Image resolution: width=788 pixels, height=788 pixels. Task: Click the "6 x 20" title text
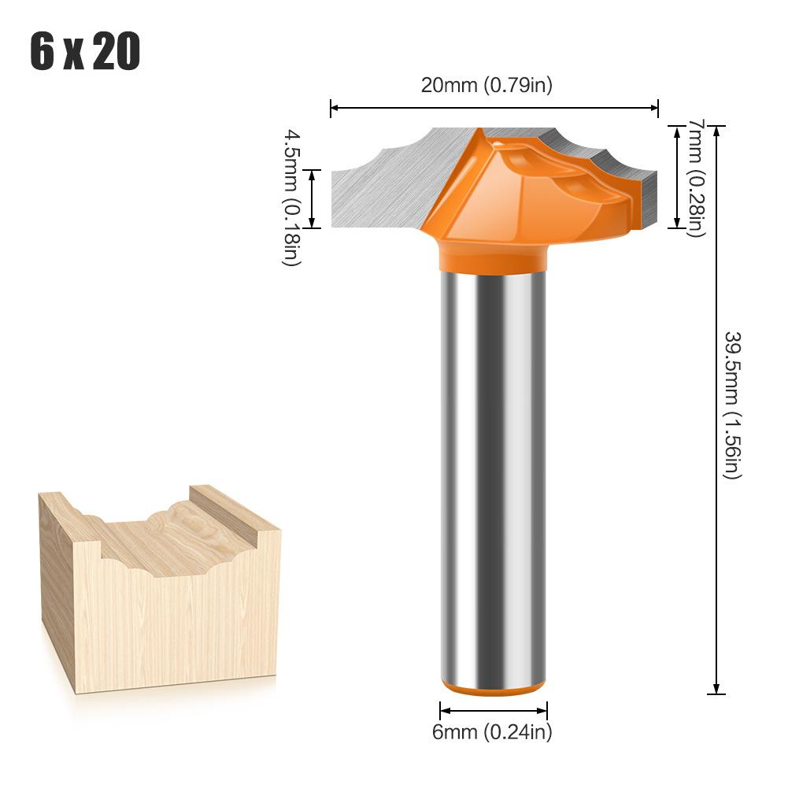point(85,53)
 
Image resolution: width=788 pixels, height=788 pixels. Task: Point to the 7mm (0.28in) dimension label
point(695,178)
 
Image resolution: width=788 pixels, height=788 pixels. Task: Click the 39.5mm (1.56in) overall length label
point(731,405)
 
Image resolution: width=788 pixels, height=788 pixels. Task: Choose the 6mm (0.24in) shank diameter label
point(492,732)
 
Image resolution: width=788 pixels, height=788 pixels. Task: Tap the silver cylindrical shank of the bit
point(493,472)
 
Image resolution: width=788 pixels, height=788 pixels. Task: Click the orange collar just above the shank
point(493,256)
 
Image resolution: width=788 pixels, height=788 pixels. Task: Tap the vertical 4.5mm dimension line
point(313,198)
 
